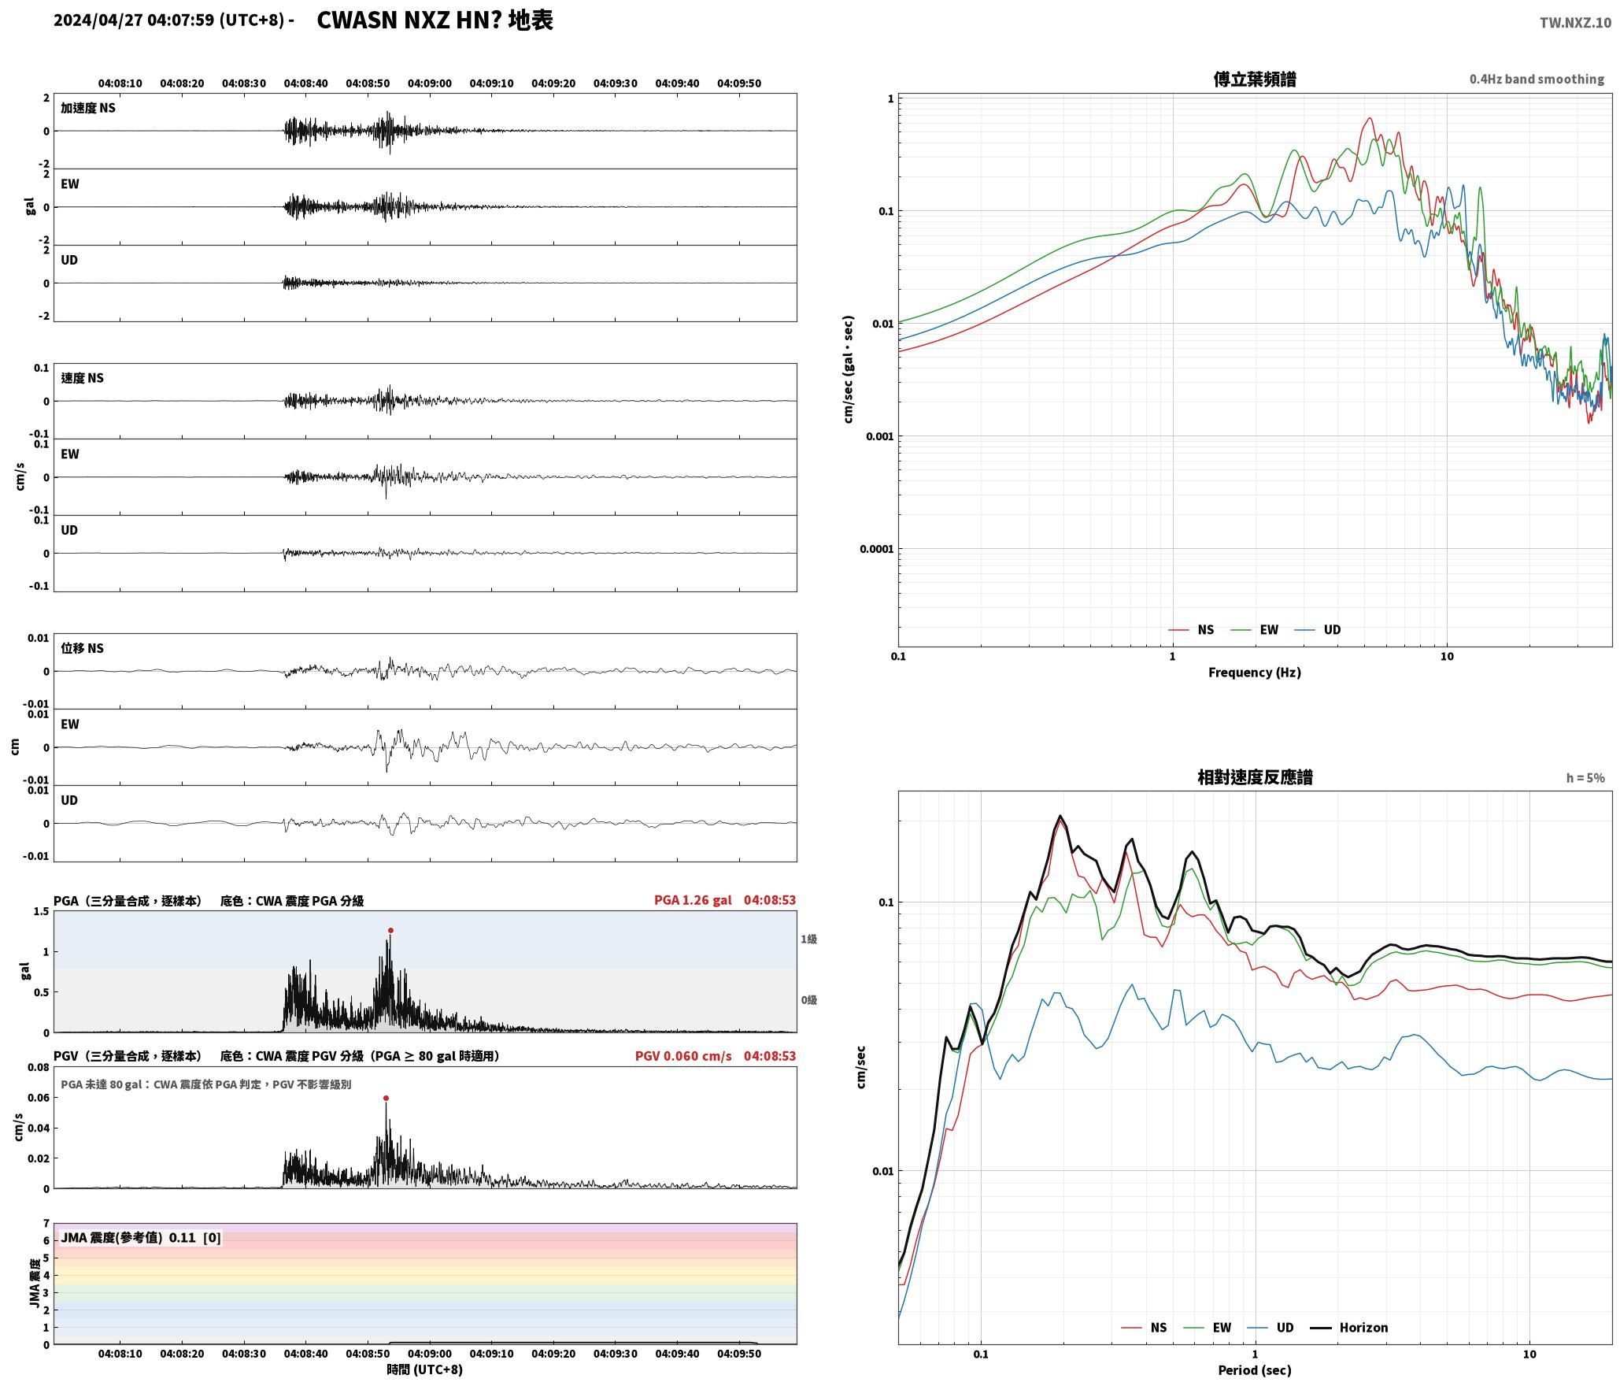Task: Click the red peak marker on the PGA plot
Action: pos(390,931)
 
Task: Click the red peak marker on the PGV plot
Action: pos(386,1098)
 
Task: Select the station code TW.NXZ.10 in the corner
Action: pos(1575,23)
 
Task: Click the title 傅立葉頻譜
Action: pos(1255,80)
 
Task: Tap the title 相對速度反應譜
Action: pos(1255,777)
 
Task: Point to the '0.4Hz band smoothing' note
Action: pos(1537,80)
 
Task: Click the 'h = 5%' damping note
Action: pos(1585,778)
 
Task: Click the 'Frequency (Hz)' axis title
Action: pos(1255,673)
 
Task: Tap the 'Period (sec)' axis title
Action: pos(1255,1370)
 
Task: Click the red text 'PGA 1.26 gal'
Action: pos(693,900)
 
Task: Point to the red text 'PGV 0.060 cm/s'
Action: pos(683,1056)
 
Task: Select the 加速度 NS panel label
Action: pos(88,108)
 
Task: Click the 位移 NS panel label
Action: pos(82,648)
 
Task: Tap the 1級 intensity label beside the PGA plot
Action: pos(808,939)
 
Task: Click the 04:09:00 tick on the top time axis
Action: pos(430,83)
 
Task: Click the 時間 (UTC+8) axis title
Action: pos(424,1370)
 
